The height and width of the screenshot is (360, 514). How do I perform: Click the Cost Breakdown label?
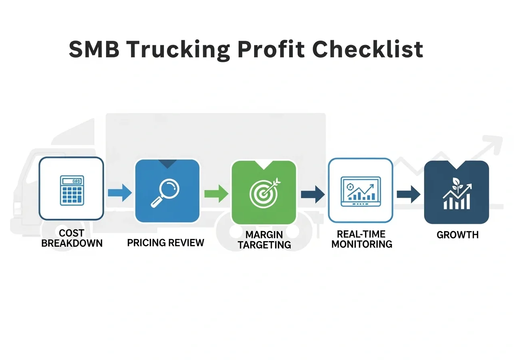(71, 238)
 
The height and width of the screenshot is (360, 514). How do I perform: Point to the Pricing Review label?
(165, 243)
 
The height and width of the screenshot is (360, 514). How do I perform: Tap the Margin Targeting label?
(264, 239)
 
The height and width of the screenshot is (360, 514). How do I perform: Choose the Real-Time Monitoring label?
(361, 239)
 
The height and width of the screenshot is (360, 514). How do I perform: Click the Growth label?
(457, 235)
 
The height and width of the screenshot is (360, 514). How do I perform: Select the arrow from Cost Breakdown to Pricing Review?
(120, 193)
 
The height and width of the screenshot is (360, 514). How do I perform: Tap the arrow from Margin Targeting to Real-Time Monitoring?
(313, 194)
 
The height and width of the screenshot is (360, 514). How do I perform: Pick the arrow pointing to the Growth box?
(409, 194)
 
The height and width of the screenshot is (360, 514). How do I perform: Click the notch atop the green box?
(264, 164)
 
